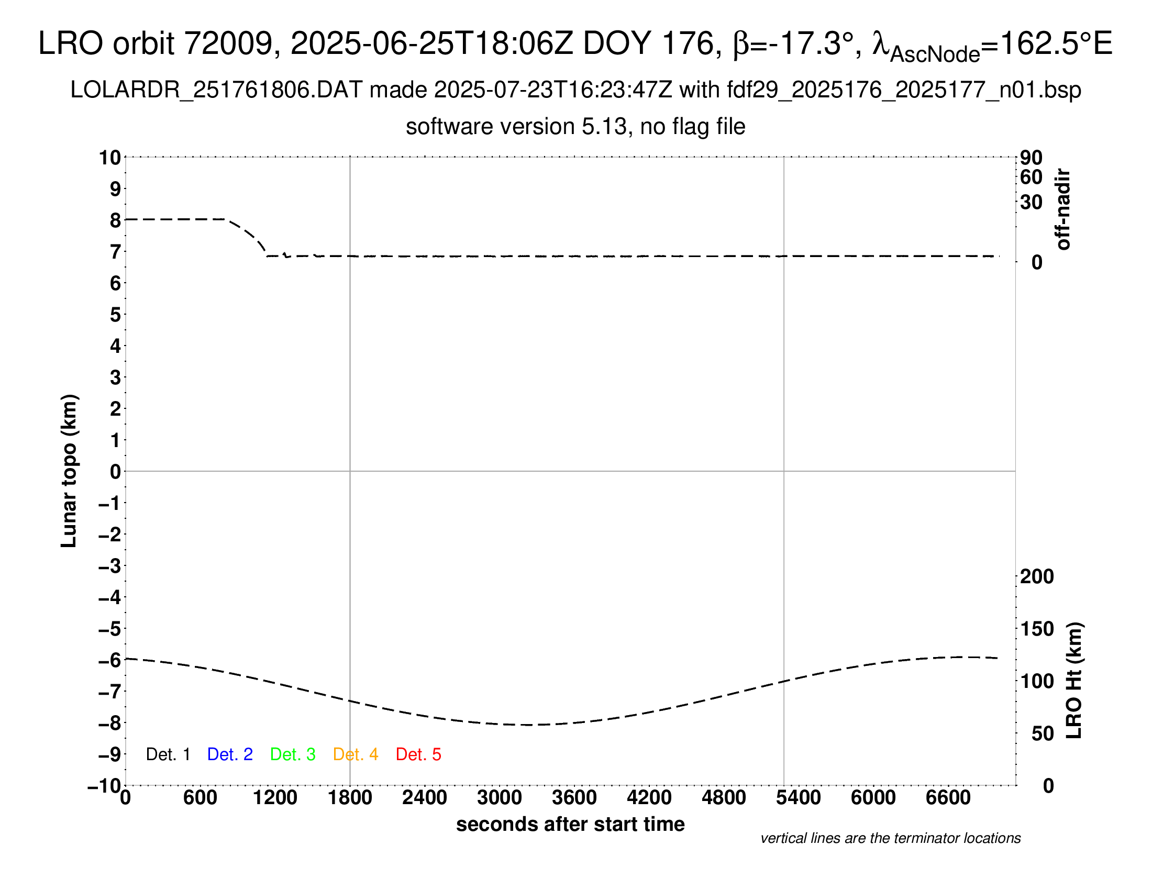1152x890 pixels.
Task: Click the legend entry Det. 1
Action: pyautogui.click(x=168, y=754)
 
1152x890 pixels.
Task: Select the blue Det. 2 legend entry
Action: pyautogui.click(x=230, y=754)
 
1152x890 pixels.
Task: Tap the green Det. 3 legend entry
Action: pyautogui.click(x=293, y=754)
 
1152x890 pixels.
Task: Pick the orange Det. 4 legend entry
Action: pyautogui.click(x=356, y=754)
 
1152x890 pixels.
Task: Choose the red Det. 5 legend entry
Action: pyautogui.click(x=418, y=754)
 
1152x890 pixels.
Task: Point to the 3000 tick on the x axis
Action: pyautogui.click(x=499, y=798)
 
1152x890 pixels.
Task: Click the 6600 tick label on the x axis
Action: pyautogui.click(x=948, y=798)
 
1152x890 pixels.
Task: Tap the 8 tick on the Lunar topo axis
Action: pyautogui.click(x=115, y=220)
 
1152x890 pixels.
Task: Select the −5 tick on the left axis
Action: pyautogui.click(x=110, y=629)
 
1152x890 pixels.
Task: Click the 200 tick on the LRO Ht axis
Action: pyautogui.click(x=1037, y=576)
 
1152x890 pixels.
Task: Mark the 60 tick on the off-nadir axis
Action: pyautogui.click(x=1031, y=177)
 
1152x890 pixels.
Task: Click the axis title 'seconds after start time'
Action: pyautogui.click(x=570, y=824)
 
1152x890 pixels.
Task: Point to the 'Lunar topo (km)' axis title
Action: pyautogui.click(x=69, y=471)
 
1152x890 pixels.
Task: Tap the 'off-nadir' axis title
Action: pyautogui.click(x=1064, y=209)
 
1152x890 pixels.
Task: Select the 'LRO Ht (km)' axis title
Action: pyautogui.click(x=1074, y=681)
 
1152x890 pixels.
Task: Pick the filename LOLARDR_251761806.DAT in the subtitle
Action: pyautogui.click(x=216, y=90)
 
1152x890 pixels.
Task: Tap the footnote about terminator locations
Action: pyautogui.click(x=890, y=838)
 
